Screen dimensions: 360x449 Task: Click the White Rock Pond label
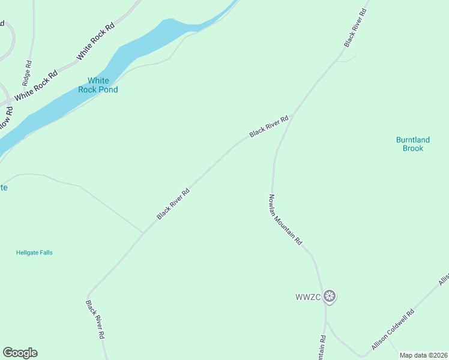pos(98,85)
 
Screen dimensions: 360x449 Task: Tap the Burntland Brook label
pos(413,144)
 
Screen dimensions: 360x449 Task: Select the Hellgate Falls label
pos(34,253)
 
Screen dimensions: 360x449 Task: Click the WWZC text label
pos(308,296)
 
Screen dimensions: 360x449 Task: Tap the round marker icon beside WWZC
pos(329,296)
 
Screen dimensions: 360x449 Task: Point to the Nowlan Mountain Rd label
pos(285,219)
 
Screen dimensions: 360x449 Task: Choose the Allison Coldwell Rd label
pos(393,330)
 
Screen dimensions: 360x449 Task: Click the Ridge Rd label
pos(26,71)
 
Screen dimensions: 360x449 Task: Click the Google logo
pos(20,353)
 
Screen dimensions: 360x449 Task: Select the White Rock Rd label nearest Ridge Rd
pos(37,85)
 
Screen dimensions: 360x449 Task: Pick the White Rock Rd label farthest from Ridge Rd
pos(95,42)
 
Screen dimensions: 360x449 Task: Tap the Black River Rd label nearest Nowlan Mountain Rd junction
pos(270,127)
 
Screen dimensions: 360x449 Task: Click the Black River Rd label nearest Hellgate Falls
pos(173,204)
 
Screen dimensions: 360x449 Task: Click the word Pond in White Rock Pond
pos(109,89)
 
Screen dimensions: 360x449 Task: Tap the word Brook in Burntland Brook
pos(413,148)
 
